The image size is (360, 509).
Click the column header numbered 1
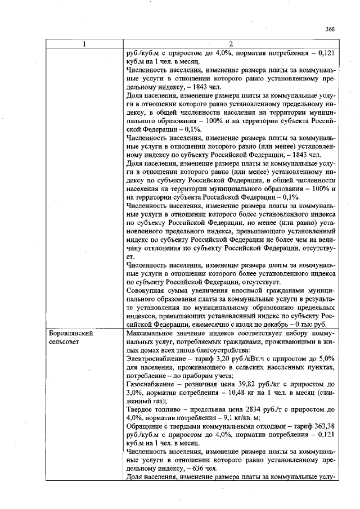click(84, 44)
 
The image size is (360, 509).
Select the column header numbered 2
click(230, 44)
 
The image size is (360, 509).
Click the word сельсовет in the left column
click(64, 341)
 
